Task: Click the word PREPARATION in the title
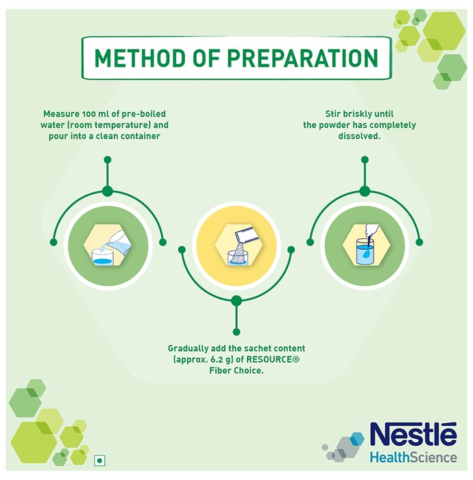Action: (x=304, y=58)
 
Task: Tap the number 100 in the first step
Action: (x=88, y=114)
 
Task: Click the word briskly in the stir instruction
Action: (x=358, y=114)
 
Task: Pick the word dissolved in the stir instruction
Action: (x=359, y=136)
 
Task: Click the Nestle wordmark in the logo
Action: (x=413, y=434)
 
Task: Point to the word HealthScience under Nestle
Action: (x=413, y=458)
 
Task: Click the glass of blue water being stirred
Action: (x=365, y=252)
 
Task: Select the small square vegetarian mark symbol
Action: (x=99, y=460)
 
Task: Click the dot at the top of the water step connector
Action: (x=108, y=160)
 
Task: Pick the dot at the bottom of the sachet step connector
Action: (x=236, y=332)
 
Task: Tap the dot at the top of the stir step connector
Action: (x=365, y=160)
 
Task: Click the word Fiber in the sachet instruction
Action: (x=220, y=370)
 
